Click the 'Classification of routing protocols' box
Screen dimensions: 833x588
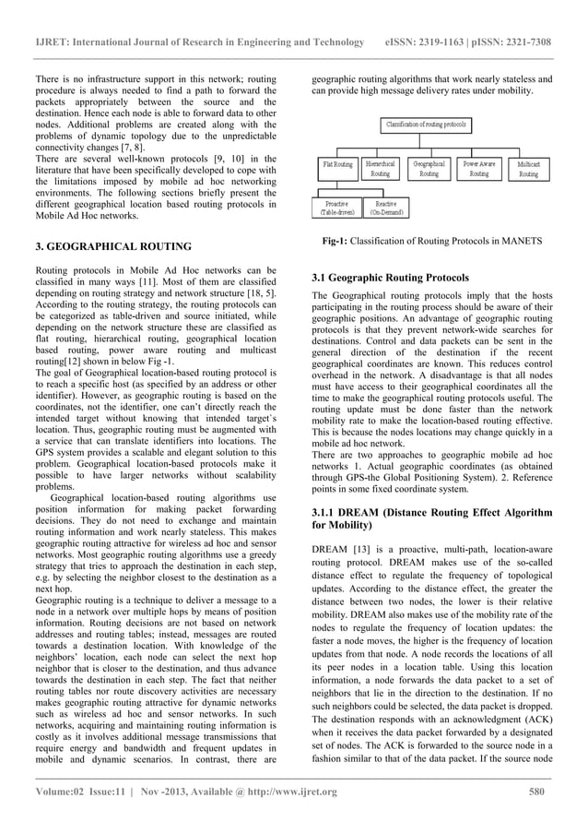pyautogui.click(x=425, y=124)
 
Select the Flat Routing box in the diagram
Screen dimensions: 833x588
pyautogui.click(x=336, y=168)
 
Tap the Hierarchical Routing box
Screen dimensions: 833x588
pyautogui.click(x=380, y=168)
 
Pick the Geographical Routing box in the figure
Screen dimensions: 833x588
pyautogui.click(x=429, y=168)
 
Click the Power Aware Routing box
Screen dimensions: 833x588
pyautogui.click(x=478, y=168)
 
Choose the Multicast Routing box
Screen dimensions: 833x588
pyautogui.click(x=528, y=168)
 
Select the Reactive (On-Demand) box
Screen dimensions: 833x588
pyautogui.click(x=386, y=208)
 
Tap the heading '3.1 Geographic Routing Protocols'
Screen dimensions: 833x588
pyautogui.click(x=391, y=277)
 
